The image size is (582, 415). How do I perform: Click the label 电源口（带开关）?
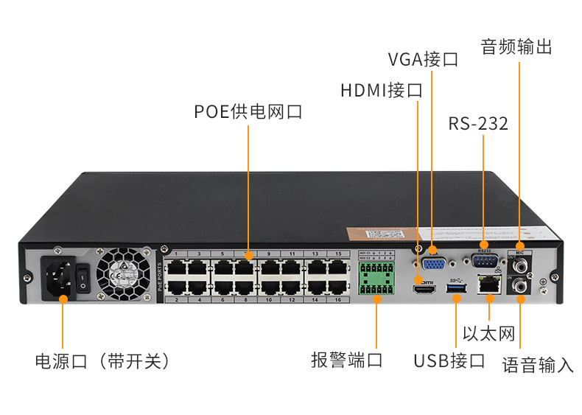102,361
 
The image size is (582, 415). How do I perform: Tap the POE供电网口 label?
248,112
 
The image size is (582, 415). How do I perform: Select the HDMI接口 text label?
381,91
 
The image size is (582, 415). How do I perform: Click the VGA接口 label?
424,59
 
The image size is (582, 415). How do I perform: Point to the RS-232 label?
478,124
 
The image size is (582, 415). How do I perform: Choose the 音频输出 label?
516,47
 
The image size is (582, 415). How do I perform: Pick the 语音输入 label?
537,365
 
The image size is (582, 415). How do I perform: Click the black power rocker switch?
83,274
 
